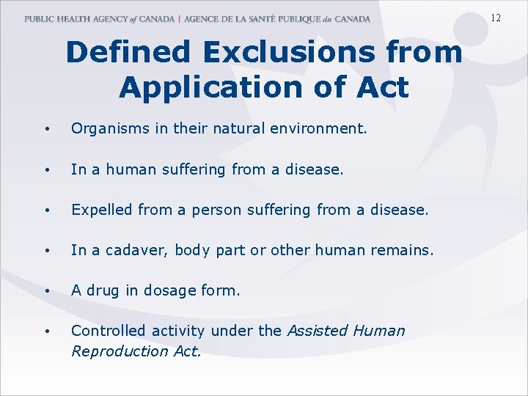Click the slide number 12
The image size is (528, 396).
[496, 18]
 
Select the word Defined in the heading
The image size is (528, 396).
[131, 53]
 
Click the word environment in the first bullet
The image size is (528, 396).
[323, 130]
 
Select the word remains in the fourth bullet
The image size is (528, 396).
[403, 250]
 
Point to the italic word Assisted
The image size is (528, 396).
[318, 331]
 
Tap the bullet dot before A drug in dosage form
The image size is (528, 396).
[46, 291]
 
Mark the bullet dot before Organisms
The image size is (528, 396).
[46, 131]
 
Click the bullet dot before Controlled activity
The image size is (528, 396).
[46, 331]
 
